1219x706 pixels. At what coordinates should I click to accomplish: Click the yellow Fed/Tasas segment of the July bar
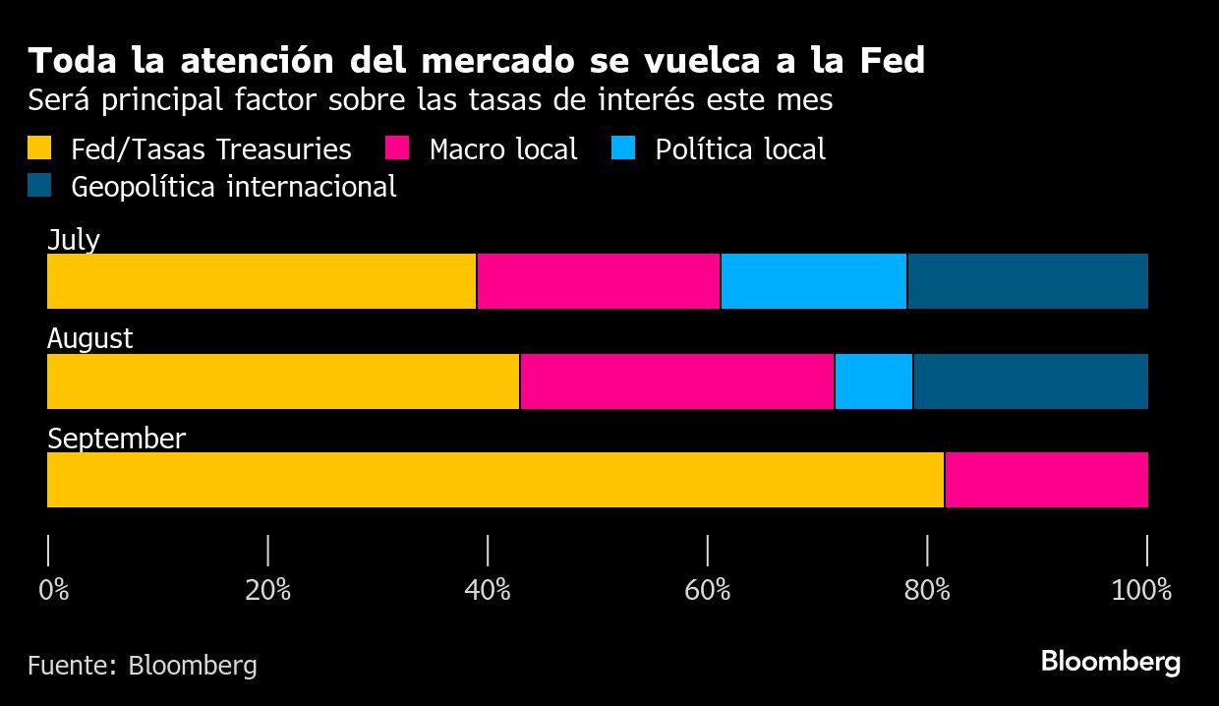pyautogui.click(x=261, y=281)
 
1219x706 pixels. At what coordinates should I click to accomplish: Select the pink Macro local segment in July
pyautogui.click(x=599, y=281)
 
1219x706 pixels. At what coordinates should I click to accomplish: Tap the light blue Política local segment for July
pyautogui.click(x=814, y=281)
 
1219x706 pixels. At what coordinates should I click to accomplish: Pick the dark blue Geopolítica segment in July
pyautogui.click(x=1027, y=281)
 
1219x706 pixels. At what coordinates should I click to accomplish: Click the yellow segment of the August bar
pyautogui.click(x=283, y=382)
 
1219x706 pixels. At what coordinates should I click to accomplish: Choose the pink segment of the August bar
pyautogui.click(x=677, y=382)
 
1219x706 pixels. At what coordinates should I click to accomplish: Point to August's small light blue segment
pyautogui.click(x=874, y=382)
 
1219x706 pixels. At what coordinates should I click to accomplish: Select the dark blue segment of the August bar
pyautogui.click(x=1030, y=382)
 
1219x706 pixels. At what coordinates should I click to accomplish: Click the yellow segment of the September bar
pyautogui.click(x=495, y=480)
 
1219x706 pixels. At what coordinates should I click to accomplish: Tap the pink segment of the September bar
pyautogui.click(x=1046, y=480)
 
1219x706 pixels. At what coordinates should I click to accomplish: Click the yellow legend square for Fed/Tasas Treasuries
pyautogui.click(x=40, y=149)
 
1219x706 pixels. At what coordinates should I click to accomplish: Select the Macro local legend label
pyautogui.click(x=503, y=149)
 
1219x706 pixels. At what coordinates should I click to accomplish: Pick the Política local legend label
pyautogui.click(x=739, y=149)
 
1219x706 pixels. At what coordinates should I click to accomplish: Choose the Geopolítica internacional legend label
pyautogui.click(x=234, y=187)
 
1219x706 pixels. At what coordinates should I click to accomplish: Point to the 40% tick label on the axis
pyautogui.click(x=488, y=590)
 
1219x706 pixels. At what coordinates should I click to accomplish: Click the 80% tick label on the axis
pyautogui.click(x=927, y=590)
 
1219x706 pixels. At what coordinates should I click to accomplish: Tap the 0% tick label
pyautogui.click(x=54, y=590)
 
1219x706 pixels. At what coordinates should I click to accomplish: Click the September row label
pyautogui.click(x=116, y=439)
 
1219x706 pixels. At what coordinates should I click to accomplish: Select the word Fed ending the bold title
pyautogui.click(x=892, y=61)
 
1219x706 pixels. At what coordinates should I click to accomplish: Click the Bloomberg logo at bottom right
pyautogui.click(x=1110, y=662)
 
